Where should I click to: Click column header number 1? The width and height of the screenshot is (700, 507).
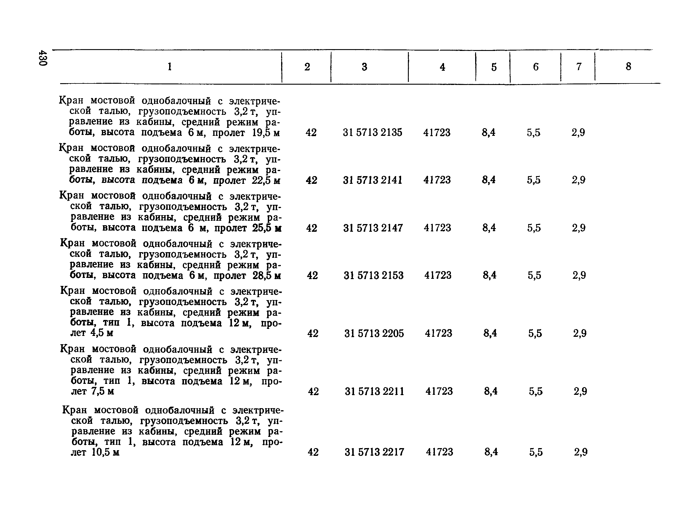tap(169, 67)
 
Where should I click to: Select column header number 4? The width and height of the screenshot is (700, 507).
tap(442, 67)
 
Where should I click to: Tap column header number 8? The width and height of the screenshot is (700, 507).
tap(628, 66)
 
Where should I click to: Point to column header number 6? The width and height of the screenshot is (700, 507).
tap(536, 67)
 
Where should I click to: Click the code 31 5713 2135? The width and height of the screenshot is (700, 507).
tap(373, 133)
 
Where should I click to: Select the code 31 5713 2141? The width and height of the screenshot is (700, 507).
tap(373, 180)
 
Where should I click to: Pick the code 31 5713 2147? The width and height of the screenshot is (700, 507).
tap(373, 228)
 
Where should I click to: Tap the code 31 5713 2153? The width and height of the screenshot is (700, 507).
tap(374, 275)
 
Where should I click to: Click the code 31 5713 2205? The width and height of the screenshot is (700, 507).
tap(374, 333)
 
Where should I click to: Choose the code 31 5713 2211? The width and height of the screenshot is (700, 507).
tap(374, 391)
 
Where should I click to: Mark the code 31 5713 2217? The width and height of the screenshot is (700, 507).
tap(374, 452)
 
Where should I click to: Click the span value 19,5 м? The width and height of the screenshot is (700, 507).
tap(266, 133)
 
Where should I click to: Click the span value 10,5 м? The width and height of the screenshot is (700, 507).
tap(105, 453)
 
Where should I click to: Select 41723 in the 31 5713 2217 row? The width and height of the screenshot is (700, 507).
tap(440, 452)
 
